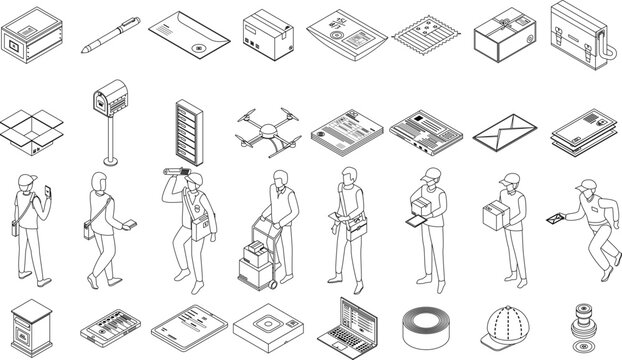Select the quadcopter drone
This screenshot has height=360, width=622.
coord(268,131)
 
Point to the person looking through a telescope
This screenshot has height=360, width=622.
coord(188,225)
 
